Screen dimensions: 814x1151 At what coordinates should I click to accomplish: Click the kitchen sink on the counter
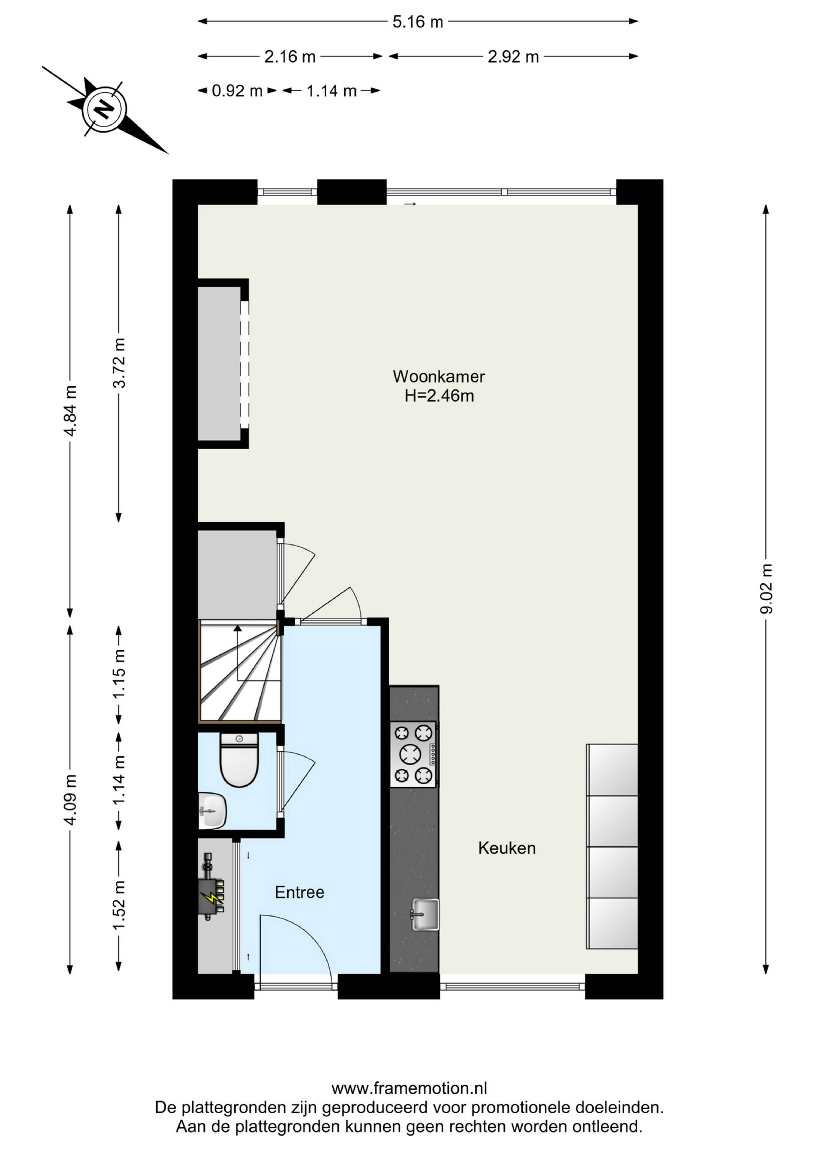425,914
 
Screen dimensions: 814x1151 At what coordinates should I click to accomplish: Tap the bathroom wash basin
213,811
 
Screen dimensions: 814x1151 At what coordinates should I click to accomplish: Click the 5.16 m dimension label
418,22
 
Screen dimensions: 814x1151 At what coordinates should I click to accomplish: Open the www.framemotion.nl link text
409,1088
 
